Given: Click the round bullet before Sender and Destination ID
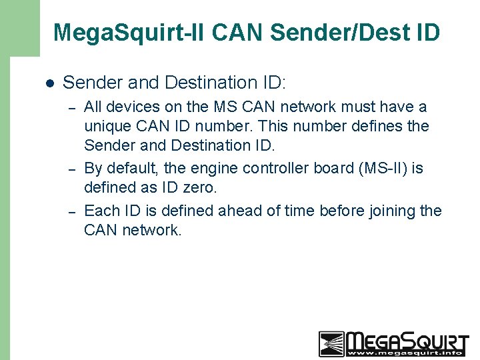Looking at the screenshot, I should point(49,83).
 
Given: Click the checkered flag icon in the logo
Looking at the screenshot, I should point(331,343).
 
